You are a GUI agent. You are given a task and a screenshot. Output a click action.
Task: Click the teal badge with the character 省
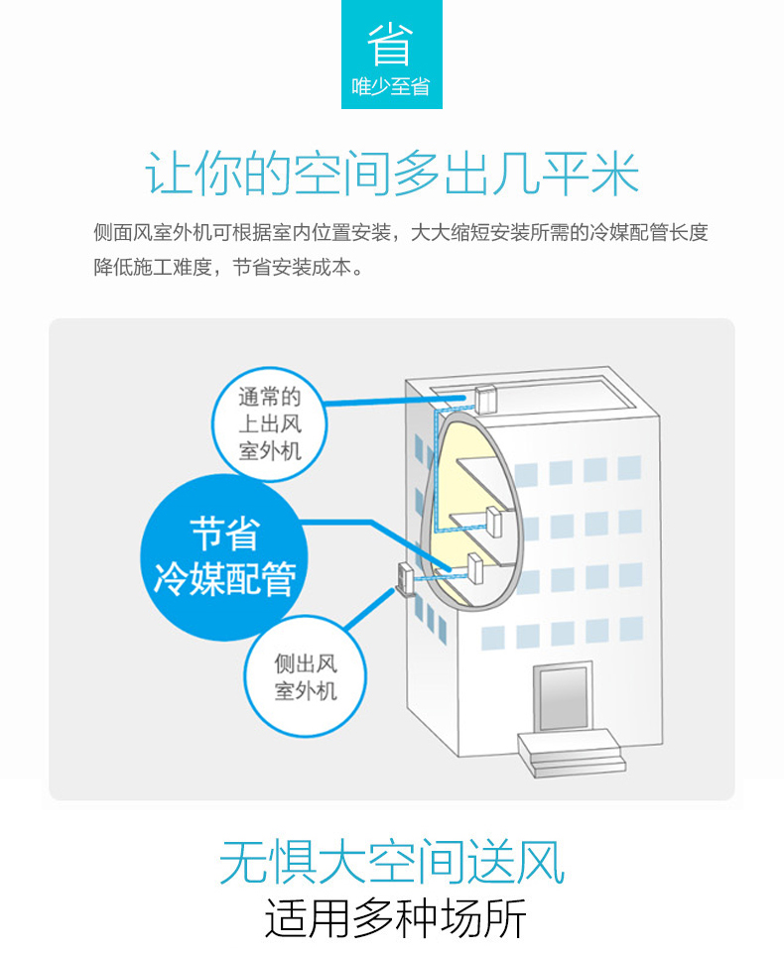(x=391, y=54)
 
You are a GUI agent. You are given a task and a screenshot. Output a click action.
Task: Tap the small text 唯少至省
(x=391, y=87)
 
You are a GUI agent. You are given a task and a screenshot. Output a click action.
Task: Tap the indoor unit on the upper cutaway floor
(x=493, y=521)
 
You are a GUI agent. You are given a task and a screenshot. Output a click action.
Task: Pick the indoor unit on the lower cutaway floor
(x=474, y=569)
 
